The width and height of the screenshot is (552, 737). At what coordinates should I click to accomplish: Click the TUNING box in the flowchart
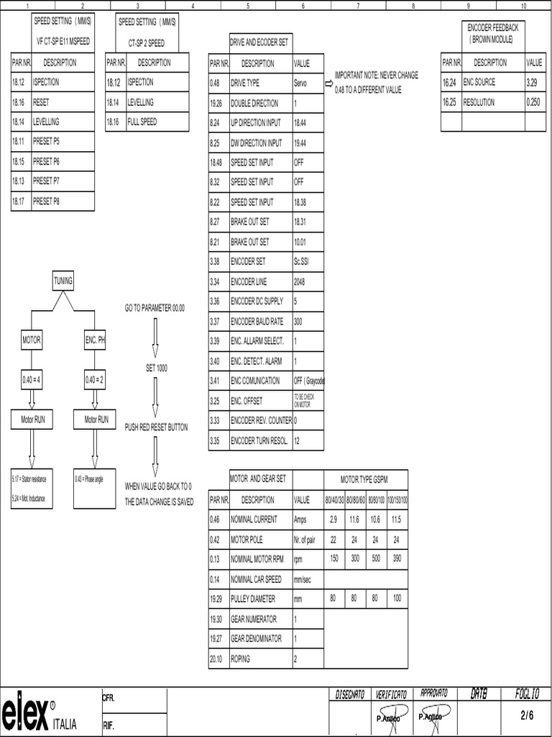(63, 281)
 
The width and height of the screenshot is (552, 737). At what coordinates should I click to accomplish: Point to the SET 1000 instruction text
(156, 368)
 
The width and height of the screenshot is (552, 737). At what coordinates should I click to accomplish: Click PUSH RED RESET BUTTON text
(156, 427)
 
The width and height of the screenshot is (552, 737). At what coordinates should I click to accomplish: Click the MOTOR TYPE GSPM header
(366, 479)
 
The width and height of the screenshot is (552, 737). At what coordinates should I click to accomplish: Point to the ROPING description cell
(260, 658)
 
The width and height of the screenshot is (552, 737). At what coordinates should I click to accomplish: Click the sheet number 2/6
(527, 715)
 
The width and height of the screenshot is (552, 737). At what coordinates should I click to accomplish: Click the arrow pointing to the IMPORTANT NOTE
(329, 83)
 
